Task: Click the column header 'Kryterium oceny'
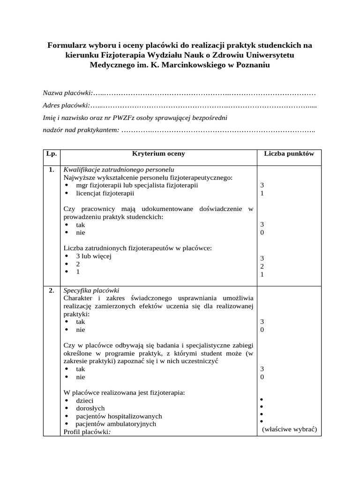pos(158,154)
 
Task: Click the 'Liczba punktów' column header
pos(289,154)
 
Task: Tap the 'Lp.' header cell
pos(51,154)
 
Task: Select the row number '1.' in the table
pos(51,170)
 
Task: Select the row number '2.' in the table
pos(51,291)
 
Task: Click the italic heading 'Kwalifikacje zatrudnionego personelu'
pos(119,170)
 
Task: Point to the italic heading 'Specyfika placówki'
pos(91,291)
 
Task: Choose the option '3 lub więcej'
pos(93,256)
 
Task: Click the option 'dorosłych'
pos(90,408)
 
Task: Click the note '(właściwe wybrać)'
pos(290,429)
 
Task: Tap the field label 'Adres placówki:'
pos(67,105)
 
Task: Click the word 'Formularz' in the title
pos(68,45)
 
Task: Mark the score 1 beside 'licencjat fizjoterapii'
pos(262,193)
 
